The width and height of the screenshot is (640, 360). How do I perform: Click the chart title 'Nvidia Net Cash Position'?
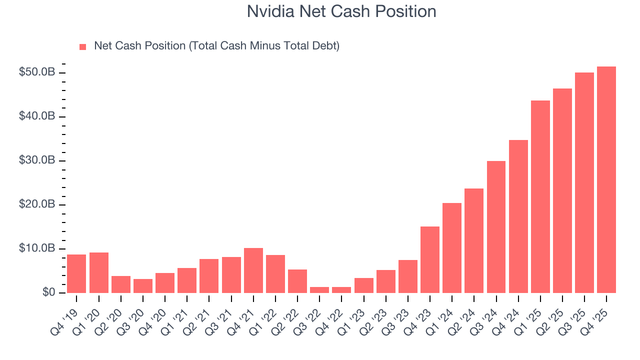click(x=341, y=11)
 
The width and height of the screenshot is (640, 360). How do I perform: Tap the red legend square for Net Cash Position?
click(x=83, y=46)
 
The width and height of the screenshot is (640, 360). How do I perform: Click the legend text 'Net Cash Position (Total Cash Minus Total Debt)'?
click(x=216, y=46)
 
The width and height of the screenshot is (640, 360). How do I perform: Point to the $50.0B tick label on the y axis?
click(x=37, y=72)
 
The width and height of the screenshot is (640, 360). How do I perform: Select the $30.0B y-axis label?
click(x=37, y=160)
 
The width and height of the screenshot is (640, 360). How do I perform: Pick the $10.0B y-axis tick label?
click(x=37, y=248)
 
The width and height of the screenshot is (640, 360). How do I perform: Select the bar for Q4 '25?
click(x=606, y=180)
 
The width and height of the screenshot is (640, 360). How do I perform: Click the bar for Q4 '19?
click(x=76, y=273)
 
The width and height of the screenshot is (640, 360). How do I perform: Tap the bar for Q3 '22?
click(x=319, y=290)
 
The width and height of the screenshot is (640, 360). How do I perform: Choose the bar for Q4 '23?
click(x=430, y=259)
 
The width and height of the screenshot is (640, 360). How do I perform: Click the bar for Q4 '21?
click(x=253, y=270)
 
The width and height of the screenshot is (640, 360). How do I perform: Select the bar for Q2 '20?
click(x=121, y=284)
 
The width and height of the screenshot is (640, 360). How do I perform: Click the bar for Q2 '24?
click(x=474, y=240)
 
